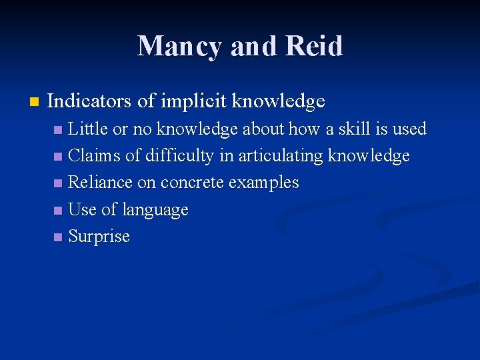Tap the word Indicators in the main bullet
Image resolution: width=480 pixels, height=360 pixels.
tap(90, 101)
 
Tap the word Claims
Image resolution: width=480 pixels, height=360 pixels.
tap(95, 156)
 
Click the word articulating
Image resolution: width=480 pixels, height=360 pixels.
tap(281, 156)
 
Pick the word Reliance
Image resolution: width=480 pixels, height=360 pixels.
tap(101, 183)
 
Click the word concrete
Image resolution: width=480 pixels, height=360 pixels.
tap(194, 183)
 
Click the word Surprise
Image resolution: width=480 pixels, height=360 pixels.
tap(99, 237)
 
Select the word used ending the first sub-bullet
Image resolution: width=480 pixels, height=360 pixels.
tap(408, 129)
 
